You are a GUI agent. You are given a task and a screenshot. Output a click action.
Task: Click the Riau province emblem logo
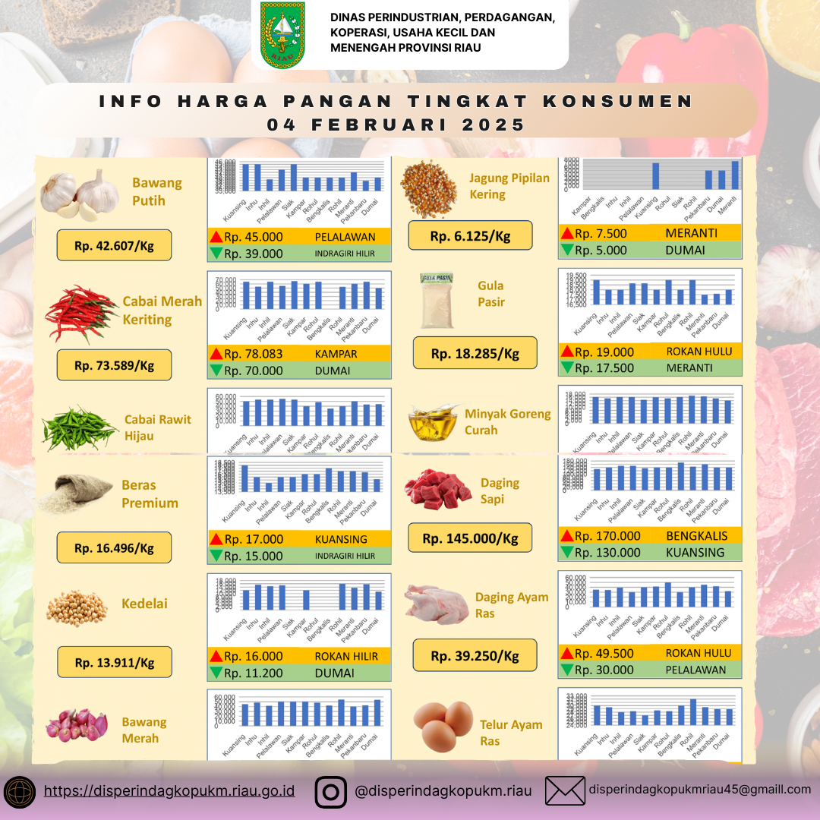282,35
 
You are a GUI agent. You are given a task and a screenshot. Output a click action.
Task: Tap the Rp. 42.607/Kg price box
114,245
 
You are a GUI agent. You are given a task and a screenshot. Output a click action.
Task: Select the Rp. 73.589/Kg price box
114,365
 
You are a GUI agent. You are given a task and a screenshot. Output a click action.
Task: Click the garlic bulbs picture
80,194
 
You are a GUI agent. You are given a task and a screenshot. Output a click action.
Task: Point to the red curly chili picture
80,313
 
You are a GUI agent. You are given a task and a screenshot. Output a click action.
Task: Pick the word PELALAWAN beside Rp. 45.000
345,237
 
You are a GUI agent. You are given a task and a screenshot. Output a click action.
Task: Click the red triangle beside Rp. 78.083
216,353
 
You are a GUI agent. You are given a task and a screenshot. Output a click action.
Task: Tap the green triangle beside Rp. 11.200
216,673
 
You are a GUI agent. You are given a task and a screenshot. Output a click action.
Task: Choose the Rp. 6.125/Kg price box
470,236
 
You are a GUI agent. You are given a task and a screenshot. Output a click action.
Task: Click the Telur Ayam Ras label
510,732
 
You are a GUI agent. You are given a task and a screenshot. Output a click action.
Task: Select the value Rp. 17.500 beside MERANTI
604,368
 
